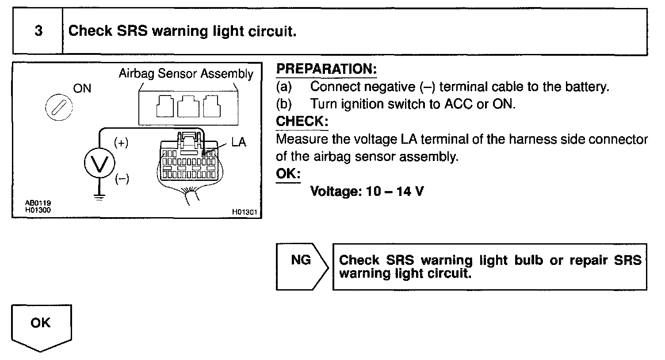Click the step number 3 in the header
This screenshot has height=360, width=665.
pyautogui.click(x=38, y=31)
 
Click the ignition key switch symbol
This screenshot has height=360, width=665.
pyautogui.click(x=59, y=107)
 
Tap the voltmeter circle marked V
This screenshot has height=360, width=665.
pyautogui.click(x=99, y=164)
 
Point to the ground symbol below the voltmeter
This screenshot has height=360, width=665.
pyautogui.click(x=99, y=197)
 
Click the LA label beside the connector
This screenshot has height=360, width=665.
pyautogui.click(x=238, y=142)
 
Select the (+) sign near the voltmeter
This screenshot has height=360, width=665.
pyautogui.click(x=121, y=143)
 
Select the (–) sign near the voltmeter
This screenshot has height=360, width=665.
pyautogui.click(x=122, y=179)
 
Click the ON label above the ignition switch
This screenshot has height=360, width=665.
pyautogui.click(x=82, y=88)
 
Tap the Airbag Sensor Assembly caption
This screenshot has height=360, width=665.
pyautogui.click(x=186, y=73)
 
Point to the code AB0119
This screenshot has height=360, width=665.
pyautogui.click(x=38, y=203)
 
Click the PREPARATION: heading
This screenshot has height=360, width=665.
pyautogui.click(x=326, y=69)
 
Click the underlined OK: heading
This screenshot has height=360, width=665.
pyautogui.click(x=288, y=173)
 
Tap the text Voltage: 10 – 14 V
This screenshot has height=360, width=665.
pyautogui.click(x=367, y=191)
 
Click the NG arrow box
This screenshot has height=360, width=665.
pyautogui.click(x=302, y=260)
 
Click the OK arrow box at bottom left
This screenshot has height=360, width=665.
pyautogui.click(x=41, y=324)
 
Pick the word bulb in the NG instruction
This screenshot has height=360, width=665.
pyautogui.click(x=528, y=260)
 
